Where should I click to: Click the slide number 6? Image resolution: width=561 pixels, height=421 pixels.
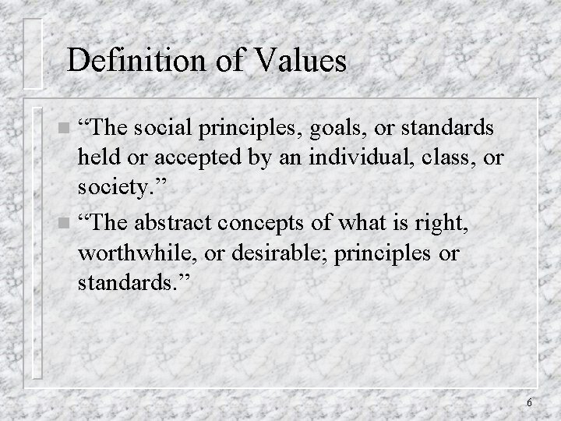[x=529, y=403]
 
